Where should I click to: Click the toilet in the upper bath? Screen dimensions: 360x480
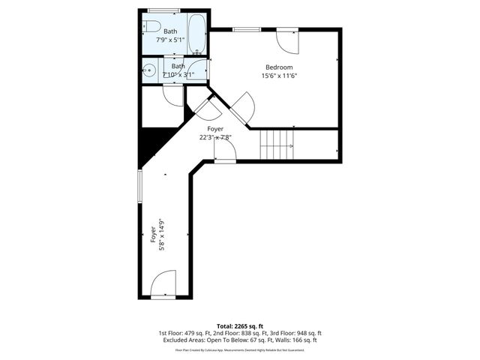click(x=152, y=28)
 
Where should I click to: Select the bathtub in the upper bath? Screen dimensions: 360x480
click(x=196, y=34)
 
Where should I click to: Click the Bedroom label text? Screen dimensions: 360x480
click(x=279, y=67)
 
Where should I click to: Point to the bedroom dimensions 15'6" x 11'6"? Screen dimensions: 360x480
click(x=279, y=75)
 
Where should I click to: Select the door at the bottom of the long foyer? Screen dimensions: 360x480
click(x=163, y=285)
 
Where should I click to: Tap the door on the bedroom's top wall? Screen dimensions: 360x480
click(x=288, y=40)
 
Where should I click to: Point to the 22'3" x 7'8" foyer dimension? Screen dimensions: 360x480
click(x=215, y=137)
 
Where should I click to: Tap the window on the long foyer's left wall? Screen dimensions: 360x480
click(x=139, y=186)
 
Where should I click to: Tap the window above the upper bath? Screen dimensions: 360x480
click(x=163, y=10)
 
